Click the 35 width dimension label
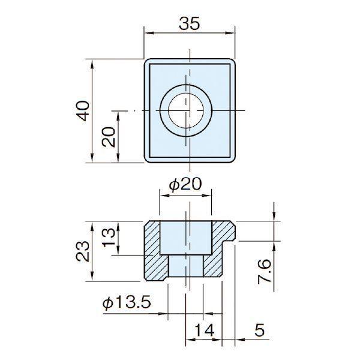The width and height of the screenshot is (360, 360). coord(190,23)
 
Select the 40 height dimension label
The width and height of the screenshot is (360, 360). coord(83,111)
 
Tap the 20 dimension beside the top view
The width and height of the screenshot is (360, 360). coord(109,137)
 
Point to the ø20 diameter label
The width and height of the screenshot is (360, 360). coord(185,184)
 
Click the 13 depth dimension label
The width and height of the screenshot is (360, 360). coord(109,238)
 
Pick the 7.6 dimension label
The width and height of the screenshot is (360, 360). coord(264,271)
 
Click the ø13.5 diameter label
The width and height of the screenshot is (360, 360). coord(127,302)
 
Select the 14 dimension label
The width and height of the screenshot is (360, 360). coord(204,329)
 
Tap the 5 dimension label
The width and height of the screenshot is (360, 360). coord(260,330)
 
